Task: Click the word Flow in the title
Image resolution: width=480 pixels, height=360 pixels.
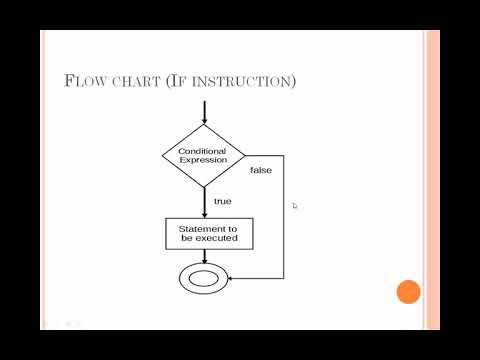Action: click(85, 81)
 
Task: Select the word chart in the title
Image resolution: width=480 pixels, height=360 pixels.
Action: click(136, 82)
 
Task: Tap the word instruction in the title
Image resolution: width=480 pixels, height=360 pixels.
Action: click(241, 82)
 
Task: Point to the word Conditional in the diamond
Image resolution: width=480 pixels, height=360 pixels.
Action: click(202, 151)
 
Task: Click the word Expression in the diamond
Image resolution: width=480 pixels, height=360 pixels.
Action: click(203, 160)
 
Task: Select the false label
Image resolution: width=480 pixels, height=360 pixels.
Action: click(261, 170)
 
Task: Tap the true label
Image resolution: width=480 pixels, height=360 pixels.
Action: click(223, 201)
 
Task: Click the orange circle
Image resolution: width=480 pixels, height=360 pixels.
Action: click(408, 292)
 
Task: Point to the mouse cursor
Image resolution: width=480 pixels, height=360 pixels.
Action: click(295, 206)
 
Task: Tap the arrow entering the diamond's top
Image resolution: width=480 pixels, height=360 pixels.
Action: click(204, 113)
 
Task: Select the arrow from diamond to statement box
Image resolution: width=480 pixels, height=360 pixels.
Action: click(205, 203)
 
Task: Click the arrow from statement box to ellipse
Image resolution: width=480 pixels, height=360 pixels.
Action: click(205, 256)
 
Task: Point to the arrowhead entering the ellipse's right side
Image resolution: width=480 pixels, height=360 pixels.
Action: click(230, 278)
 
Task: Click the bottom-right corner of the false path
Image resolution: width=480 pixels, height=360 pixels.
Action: click(284, 278)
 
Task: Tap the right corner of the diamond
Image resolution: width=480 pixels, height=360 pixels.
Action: click(245, 155)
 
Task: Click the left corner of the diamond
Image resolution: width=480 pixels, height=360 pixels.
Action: click(162, 155)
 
